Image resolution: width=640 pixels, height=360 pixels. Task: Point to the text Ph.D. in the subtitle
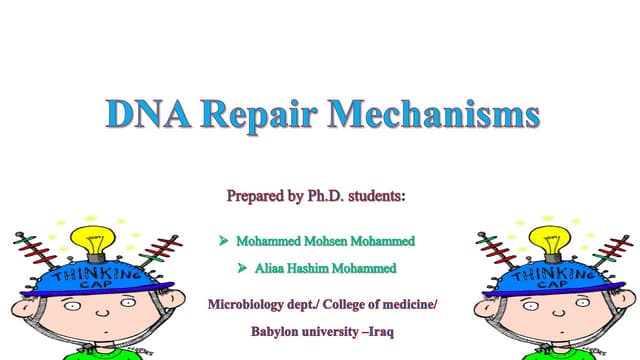[321, 196]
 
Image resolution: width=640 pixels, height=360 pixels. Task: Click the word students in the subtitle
[375, 196]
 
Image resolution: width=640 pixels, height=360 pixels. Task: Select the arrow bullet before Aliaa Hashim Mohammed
[242, 268]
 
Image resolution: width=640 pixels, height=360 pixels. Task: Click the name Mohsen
[321, 242]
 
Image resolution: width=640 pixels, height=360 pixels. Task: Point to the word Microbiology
[246, 302]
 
